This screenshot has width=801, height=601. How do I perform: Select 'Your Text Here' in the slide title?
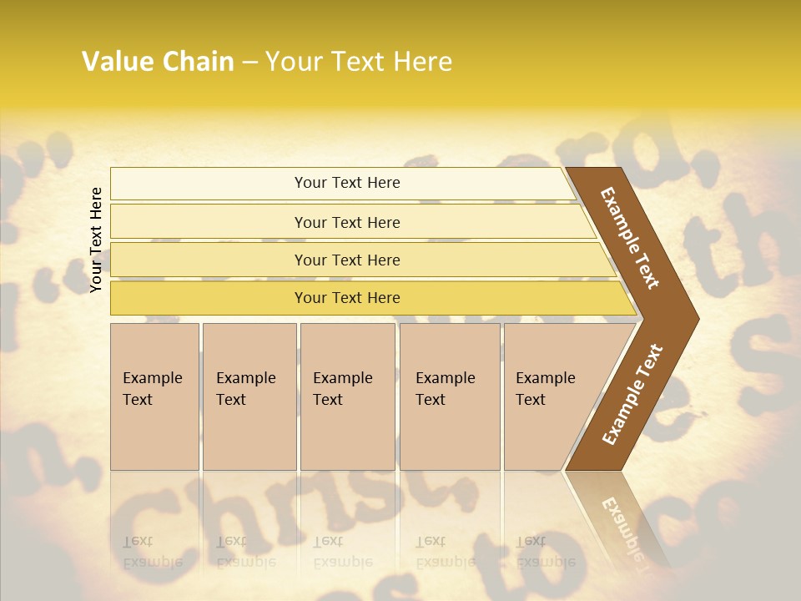[x=359, y=62]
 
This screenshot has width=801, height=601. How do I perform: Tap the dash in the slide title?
[x=249, y=63]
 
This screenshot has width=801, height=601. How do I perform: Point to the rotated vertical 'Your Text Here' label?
[x=96, y=240]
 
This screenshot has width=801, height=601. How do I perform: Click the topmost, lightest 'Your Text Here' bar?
[x=346, y=183]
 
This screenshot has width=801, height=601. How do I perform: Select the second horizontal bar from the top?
[x=346, y=222]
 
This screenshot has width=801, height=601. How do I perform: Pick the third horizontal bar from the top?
[x=346, y=260]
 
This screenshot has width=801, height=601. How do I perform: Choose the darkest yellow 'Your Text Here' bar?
[x=346, y=298]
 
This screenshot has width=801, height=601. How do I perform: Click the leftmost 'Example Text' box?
[x=154, y=396]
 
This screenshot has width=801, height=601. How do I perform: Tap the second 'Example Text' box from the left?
[x=249, y=396]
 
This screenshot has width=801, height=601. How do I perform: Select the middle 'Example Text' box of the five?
[x=347, y=396]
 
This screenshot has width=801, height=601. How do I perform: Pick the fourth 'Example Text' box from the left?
[x=450, y=396]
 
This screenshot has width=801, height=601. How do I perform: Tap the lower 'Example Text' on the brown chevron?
[x=632, y=394]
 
